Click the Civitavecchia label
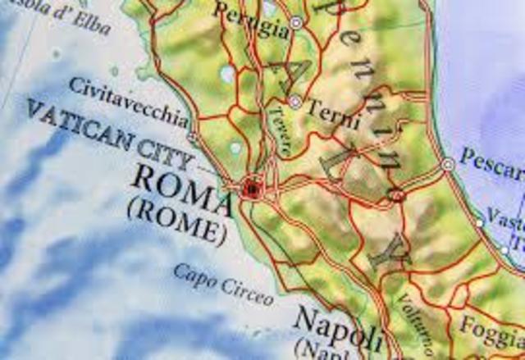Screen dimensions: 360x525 pos(127,98)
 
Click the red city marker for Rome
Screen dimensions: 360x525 pos(251,190)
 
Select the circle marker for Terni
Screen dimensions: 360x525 pos(294,102)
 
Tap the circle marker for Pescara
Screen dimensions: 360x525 pos(447,165)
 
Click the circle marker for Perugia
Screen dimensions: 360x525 pos(296,24)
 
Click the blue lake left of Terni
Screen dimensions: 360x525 pos(227,75)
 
